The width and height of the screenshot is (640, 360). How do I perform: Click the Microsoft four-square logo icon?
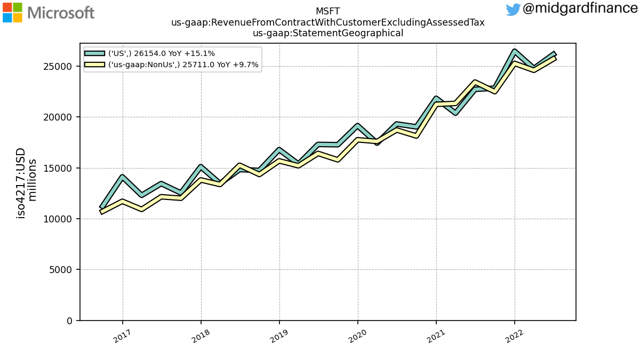tap(12, 13)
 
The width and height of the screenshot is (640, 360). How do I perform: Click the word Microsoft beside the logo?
tap(61, 13)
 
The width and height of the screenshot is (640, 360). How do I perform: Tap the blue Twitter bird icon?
tap(513, 10)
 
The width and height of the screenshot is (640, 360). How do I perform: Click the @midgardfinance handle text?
tap(580, 8)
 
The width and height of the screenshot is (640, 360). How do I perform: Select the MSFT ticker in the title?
tap(327, 11)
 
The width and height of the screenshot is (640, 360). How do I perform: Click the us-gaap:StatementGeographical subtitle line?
tap(327, 33)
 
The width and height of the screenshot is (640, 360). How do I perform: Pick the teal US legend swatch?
tap(94, 53)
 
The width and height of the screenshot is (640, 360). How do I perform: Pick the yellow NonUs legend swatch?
tap(94, 65)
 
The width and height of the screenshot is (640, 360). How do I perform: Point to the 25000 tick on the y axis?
tap(58, 67)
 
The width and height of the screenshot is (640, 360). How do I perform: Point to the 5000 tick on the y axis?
tap(60, 270)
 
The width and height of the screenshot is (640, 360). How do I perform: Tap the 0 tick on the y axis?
tap(69, 321)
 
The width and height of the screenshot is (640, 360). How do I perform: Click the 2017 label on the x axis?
tap(122, 336)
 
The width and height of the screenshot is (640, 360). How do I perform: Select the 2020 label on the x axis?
tap(357, 336)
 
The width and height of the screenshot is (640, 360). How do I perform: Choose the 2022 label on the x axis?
tap(514, 336)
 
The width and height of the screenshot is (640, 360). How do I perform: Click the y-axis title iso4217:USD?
tap(21, 183)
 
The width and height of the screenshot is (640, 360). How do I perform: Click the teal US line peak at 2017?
tap(123, 177)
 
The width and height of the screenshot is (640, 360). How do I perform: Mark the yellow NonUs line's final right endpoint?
tap(555, 58)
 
